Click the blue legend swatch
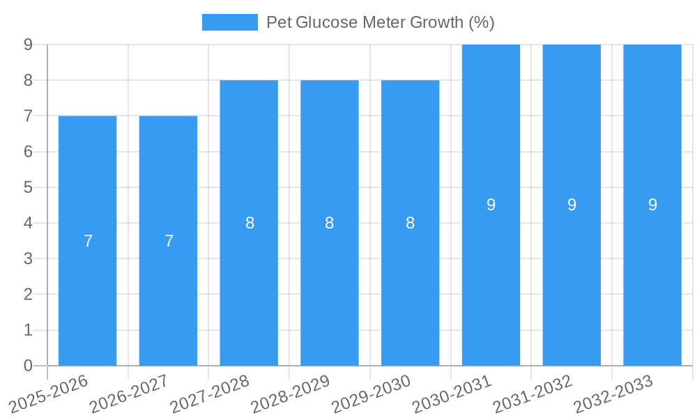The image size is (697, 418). click(x=229, y=22)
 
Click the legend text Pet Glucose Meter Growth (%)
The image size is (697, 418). click(x=380, y=22)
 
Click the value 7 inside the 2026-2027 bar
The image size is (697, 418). click(x=169, y=241)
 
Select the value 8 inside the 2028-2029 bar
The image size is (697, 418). click(x=330, y=223)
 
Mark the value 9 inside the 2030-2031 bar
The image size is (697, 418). click(x=491, y=205)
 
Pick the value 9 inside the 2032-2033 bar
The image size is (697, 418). click(x=652, y=205)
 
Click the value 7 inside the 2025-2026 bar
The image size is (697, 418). click(x=88, y=241)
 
